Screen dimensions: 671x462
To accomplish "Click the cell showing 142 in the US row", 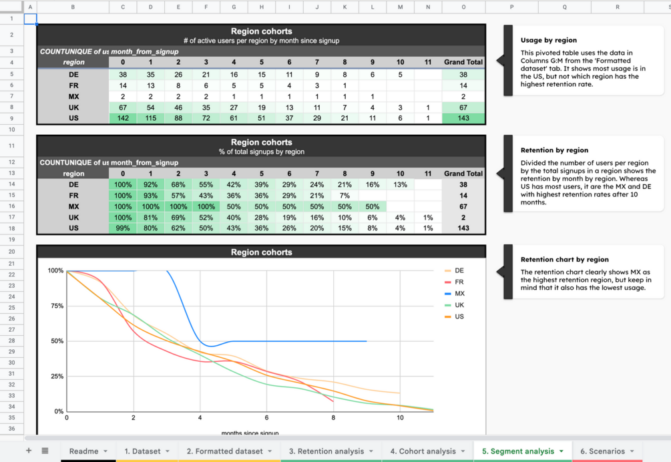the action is (123, 118).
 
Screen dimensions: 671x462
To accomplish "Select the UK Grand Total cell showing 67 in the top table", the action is (463, 107).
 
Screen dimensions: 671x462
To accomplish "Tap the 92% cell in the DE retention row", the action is (151, 184).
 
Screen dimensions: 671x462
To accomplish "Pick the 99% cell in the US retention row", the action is (123, 228).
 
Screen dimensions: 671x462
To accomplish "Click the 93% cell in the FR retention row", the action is (151, 196).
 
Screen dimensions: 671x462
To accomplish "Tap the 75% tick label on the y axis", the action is (57, 306).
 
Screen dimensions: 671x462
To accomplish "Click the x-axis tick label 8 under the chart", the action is (333, 417).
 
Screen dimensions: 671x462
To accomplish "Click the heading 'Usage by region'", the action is (549, 40).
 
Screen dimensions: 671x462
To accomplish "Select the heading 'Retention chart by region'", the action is (564, 259).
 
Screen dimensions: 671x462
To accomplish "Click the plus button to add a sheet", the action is (29, 451).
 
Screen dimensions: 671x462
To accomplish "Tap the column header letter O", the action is (463, 7).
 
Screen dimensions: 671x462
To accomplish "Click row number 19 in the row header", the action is (11, 240).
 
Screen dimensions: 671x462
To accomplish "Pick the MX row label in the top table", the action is (73, 96).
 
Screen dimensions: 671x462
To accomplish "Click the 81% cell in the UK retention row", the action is (151, 217).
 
